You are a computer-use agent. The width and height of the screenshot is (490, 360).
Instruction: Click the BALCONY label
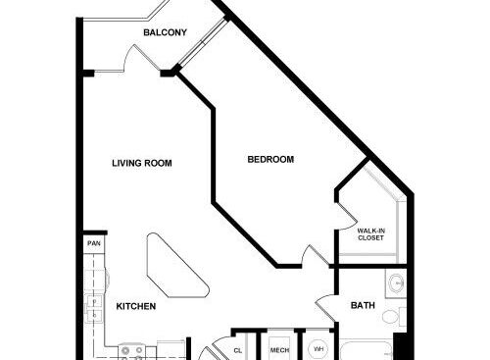click(165, 32)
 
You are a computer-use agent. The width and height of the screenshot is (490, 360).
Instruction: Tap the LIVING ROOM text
click(142, 163)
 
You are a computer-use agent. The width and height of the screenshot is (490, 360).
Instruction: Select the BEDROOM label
click(270, 160)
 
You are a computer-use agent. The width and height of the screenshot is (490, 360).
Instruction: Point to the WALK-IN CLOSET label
click(371, 234)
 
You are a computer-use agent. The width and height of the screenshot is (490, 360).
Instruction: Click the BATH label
click(363, 305)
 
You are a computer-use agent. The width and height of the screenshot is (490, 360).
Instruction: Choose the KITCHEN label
click(136, 306)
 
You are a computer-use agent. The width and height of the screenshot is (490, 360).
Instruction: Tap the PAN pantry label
click(94, 243)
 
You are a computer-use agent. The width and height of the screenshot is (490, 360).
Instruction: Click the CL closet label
click(238, 350)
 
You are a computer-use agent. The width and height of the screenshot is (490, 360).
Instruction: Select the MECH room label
click(279, 350)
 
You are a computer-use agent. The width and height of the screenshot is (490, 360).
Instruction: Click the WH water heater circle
click(318, 349)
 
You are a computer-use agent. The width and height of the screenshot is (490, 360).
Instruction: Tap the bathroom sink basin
click(397, 283)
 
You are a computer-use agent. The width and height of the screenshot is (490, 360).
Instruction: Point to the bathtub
click(367, 350)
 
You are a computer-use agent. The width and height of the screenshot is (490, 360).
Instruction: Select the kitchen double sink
click(94, 308)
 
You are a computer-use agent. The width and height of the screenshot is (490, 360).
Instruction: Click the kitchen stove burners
click(131, 352)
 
